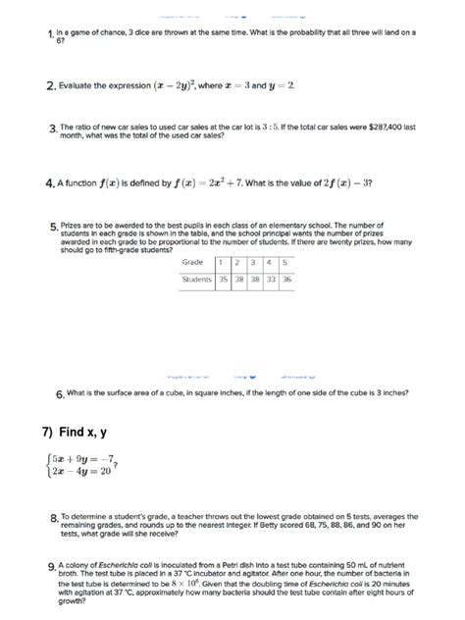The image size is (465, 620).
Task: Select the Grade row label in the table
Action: [192, 262]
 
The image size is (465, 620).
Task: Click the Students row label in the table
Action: [197, 280]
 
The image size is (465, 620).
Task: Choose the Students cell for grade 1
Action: [224, 280]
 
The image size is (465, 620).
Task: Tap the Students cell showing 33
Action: [270, 280]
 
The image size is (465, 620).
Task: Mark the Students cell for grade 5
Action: [287, 280]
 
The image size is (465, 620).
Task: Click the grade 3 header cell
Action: [254, 262]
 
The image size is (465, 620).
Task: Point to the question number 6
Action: [60, 394]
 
